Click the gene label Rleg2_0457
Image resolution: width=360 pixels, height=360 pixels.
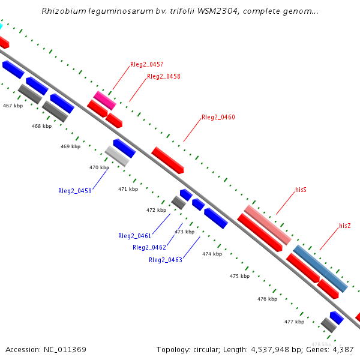[x=147, y=64]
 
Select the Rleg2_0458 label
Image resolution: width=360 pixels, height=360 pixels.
[x=164, y=77]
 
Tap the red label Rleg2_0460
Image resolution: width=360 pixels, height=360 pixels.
[x=218, y=118]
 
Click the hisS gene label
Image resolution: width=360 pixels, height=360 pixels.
[x=301, y=190]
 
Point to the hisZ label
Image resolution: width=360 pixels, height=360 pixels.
[x=345, y=226]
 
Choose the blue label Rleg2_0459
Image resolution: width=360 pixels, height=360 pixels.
[x=75, y=191]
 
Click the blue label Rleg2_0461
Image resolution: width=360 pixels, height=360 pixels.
[x=135, y=236]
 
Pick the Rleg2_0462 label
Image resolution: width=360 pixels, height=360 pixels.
[x=149, y=247]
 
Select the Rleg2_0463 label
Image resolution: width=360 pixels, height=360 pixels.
[x=166, y=260]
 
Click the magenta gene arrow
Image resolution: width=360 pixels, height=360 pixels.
[x=104, y=100]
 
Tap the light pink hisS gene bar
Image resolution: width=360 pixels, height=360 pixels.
[x=268, y=224]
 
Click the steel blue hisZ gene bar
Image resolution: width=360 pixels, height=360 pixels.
[x=320, y=268]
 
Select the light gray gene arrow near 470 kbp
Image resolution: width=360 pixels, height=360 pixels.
[x=117, y=156]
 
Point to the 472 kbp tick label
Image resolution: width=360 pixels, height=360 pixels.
[x=156, y=210]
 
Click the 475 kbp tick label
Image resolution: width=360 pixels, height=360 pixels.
[x=239, y=277]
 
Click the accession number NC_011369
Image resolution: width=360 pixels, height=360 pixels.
[x=65, y=349]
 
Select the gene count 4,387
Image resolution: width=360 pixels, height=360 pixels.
[x=342, y=349]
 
